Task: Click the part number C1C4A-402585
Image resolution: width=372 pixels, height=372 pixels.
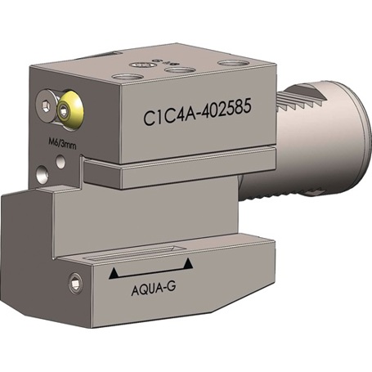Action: pos(197,112)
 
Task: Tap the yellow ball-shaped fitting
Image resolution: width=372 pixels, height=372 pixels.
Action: pos(70,110)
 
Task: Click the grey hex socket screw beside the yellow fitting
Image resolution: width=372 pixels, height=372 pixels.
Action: pos(46,105)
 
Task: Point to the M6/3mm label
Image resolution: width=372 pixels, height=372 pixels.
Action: pos(62,143)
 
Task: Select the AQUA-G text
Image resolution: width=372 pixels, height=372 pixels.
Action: pos(154,289)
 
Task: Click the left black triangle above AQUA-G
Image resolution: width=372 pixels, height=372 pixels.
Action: pos(114,273)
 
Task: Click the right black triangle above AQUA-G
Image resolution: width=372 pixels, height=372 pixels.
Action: pos(188,264)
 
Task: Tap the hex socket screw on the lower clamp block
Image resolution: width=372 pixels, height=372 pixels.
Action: pos(75,284)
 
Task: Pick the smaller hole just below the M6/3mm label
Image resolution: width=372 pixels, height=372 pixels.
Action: pos(61,162)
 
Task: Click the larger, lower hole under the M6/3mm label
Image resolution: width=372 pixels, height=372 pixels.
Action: pos(43,174)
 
